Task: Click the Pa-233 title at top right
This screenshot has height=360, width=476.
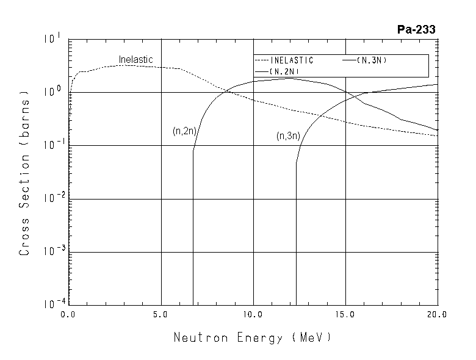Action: [x=415, y=29]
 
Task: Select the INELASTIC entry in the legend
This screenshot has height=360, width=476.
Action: [x=291, y=60]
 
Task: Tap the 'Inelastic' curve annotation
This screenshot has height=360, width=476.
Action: [x=135, y=60]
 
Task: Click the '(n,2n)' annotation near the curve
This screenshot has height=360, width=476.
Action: [x=184, y=131]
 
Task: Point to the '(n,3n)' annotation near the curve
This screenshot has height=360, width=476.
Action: [x=288, y=136]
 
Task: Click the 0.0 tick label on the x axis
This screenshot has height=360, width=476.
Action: [x=68, y=315]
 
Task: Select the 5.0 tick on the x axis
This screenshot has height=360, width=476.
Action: [x=160, y=315]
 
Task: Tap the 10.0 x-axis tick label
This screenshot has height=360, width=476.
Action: [x=253, y=315]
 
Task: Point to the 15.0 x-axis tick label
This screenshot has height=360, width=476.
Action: [x=345, y=315]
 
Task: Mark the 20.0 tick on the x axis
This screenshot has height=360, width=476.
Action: [x=437, y=315]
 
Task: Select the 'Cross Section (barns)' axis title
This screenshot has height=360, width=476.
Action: [x=25, y=173]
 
